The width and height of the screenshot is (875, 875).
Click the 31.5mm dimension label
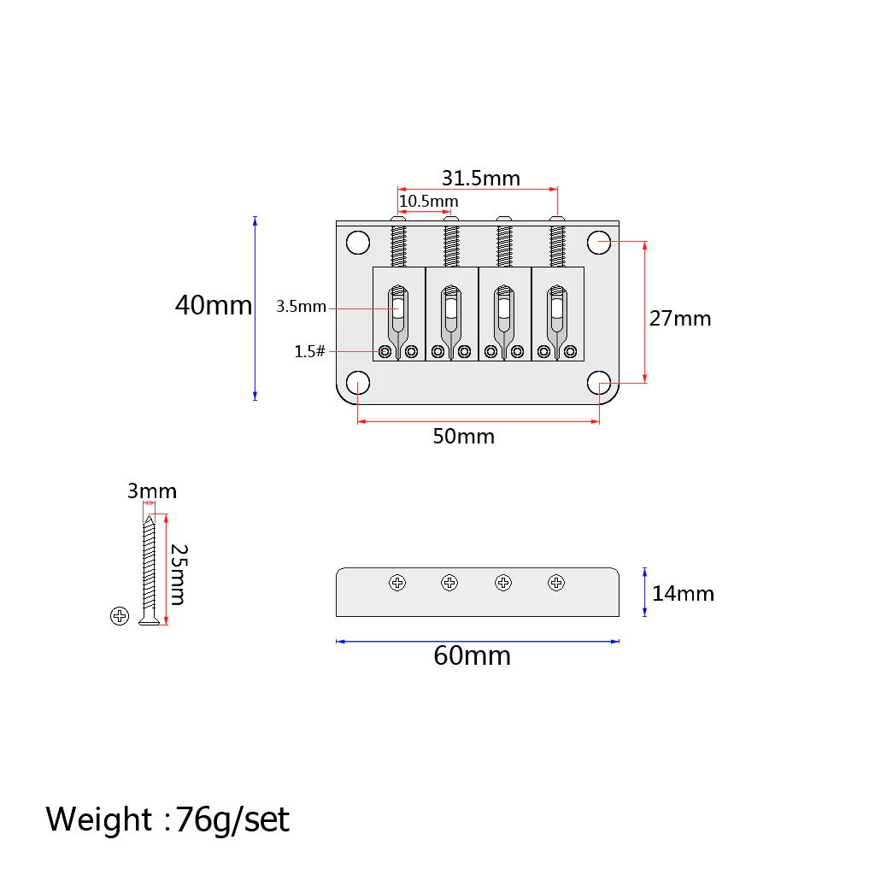pos(481,178)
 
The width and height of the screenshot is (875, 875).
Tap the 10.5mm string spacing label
pos(429,201)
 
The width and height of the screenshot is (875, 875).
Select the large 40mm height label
pos(213,305)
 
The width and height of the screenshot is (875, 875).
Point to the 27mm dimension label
pos(680,319)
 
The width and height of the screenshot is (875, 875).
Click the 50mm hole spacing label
pos(464,437)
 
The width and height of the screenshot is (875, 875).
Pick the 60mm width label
pos(472,655)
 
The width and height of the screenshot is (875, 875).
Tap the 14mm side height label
pos(683,594)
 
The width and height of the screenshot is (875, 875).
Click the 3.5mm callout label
pos(302,307)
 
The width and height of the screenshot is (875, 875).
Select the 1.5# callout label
pos(309,351)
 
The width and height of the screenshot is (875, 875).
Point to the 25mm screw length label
pos(179,575)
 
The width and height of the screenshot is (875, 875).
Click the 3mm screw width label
pos(152,491)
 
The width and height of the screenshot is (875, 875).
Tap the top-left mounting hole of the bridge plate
pos(358,243)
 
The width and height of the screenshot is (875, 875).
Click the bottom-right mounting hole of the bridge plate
pos(599,383)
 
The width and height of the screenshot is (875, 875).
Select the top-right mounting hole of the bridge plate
pos(599,243)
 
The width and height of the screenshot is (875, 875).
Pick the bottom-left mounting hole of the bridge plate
pos(358,383)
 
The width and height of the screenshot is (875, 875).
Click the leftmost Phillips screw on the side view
pos(397,583)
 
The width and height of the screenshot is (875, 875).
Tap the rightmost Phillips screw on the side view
pos(555,583)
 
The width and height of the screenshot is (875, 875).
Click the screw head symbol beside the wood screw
pos(120,616)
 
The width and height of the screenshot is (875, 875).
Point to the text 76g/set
pos(232,819)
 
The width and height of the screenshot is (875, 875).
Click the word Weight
pos(99,819)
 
